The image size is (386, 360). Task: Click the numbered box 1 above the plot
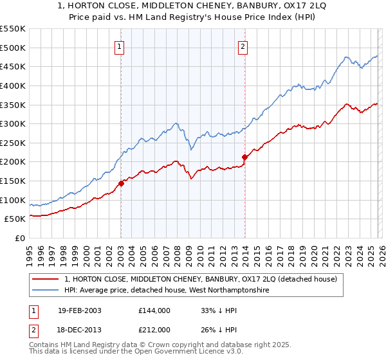[120, 46]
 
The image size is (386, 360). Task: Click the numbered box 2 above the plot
[243, 46]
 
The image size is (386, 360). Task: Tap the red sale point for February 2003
[121, 183]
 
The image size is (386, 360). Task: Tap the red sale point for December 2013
[244, 157]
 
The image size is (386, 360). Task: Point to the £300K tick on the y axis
[13, 123]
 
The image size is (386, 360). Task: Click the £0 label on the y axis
[21, 238]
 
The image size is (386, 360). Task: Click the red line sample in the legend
[46, 280]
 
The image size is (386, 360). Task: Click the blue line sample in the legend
[46, 291]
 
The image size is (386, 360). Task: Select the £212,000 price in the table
[154, 329]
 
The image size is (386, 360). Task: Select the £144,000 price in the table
[154, 310]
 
